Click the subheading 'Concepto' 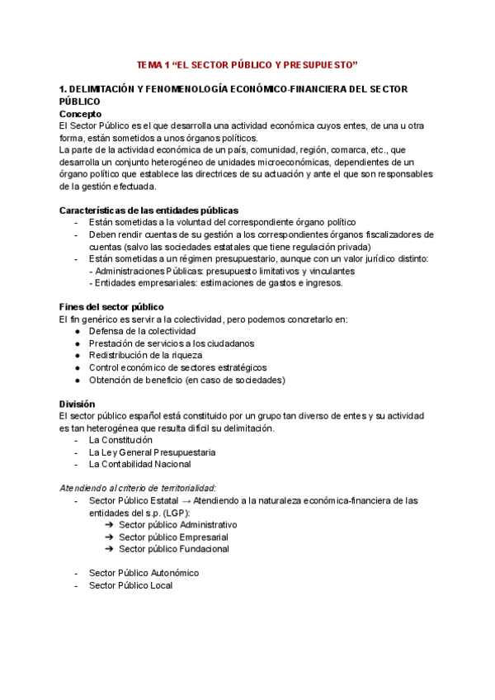coord(81,113)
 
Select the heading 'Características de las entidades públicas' coord(149,210)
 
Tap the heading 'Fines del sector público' coord(111,307)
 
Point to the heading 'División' coord(77,404)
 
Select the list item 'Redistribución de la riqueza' coord(145,355)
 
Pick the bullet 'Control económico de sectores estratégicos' coord(177,367)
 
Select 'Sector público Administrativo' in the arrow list coord(177,525)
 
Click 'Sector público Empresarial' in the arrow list coord(173,537)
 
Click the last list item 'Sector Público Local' coord(130,585)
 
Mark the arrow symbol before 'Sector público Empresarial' coord(110,537)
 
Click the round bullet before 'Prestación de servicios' coord(77,343)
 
